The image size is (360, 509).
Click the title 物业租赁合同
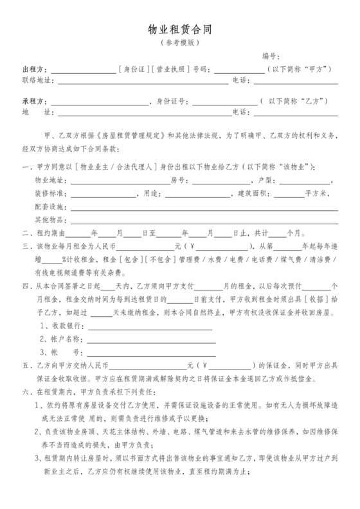point(180,30)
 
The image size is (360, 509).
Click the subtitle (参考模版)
point(180,43)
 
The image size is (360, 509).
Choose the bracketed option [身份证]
point(133,69)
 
